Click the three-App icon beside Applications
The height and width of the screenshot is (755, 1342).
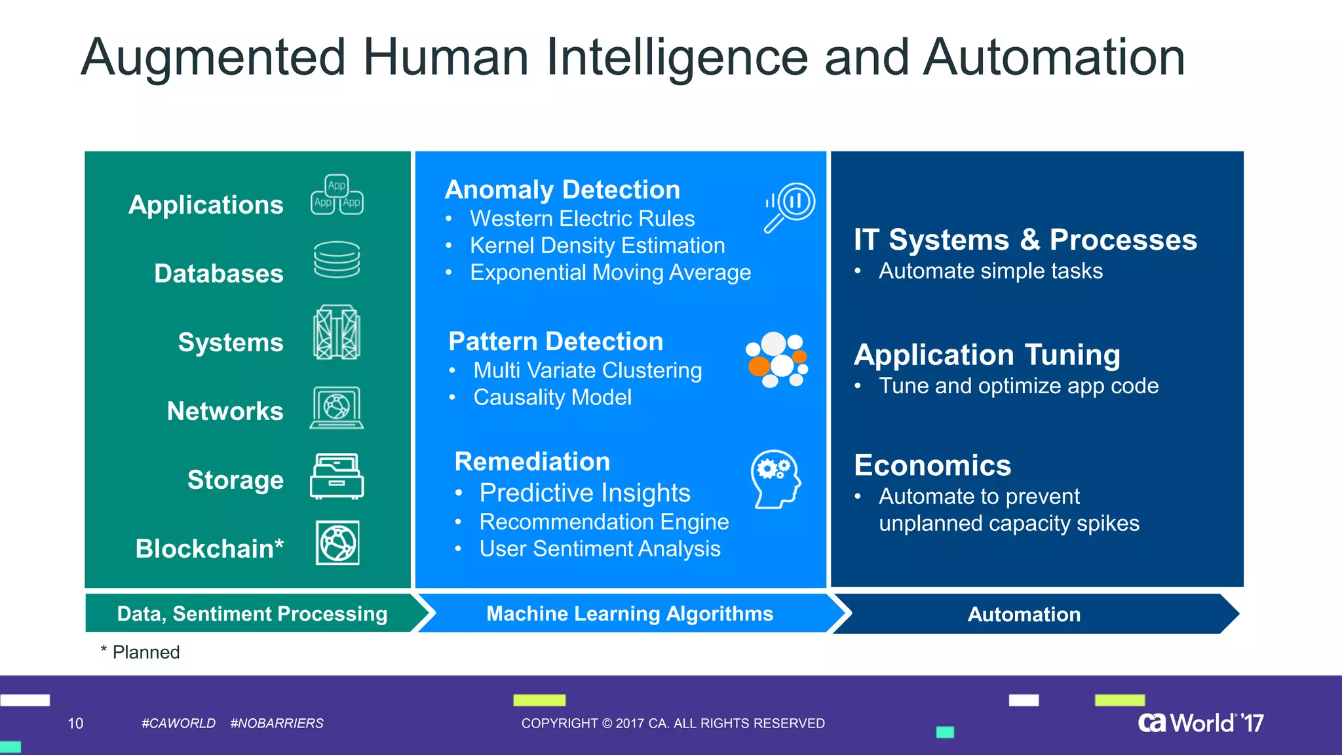[337, 195]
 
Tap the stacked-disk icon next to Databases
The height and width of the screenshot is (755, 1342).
[337, 260]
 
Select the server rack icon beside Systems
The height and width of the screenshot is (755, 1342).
[337, 332]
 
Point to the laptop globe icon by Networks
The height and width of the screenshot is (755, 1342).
[337, 408]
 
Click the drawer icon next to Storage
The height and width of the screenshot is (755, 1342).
[337, 476]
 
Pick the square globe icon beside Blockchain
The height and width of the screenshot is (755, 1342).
[337, 543]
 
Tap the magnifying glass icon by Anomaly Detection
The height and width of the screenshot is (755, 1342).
[790, 206]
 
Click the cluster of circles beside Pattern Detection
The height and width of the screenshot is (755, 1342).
[777, 359]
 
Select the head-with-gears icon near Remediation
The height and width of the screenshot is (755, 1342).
[776, 479]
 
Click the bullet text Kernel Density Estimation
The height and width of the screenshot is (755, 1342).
[597, 246]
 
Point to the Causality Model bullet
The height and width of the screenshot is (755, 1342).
[552, 397]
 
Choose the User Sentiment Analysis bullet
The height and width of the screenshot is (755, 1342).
[600, 549]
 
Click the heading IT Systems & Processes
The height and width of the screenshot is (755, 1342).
[1025, 240]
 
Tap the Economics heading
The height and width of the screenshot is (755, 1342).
[932, 465]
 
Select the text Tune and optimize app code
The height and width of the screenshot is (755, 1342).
[1018, 386]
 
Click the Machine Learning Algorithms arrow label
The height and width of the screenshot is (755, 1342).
[630, 613]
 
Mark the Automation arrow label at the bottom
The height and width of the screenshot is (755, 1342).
[1024, 614]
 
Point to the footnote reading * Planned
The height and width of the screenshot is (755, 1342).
[140, 652]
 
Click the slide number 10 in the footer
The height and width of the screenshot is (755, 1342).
[75, 724]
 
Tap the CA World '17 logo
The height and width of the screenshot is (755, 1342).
[1200, 723]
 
